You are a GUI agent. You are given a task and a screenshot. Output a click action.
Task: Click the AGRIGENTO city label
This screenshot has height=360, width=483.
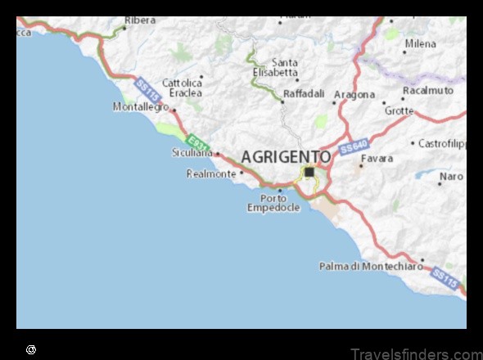click(287, 156)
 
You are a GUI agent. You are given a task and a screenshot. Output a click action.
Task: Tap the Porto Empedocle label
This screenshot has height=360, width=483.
click(273, 202)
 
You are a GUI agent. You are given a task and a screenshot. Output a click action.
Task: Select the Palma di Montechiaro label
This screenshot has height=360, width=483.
click(370, 266)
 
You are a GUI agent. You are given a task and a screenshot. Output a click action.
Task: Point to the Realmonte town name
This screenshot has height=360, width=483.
click(211, 173)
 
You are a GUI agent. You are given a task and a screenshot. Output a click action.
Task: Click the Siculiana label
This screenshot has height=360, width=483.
click(192, 153)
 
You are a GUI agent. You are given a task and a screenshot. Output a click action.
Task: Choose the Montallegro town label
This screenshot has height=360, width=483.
click(140, 107)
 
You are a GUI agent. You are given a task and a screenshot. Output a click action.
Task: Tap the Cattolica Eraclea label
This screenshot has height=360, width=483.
click(181, 88)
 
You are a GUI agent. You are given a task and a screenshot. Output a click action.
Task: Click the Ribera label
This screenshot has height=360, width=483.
click(140, 20)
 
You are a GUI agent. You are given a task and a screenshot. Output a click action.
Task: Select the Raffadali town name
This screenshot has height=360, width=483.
click(303, 94)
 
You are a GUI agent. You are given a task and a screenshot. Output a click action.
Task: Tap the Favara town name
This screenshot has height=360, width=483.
click(377, 158)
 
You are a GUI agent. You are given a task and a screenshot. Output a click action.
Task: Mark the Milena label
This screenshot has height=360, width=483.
click(420, 43)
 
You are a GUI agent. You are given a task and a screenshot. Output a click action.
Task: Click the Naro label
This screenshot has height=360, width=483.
click(451, 176)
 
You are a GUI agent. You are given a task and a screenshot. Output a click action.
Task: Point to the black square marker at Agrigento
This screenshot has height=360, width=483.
click(309, 172)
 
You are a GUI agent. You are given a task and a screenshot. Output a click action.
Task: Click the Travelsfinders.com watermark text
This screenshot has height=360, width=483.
click(416, 353)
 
